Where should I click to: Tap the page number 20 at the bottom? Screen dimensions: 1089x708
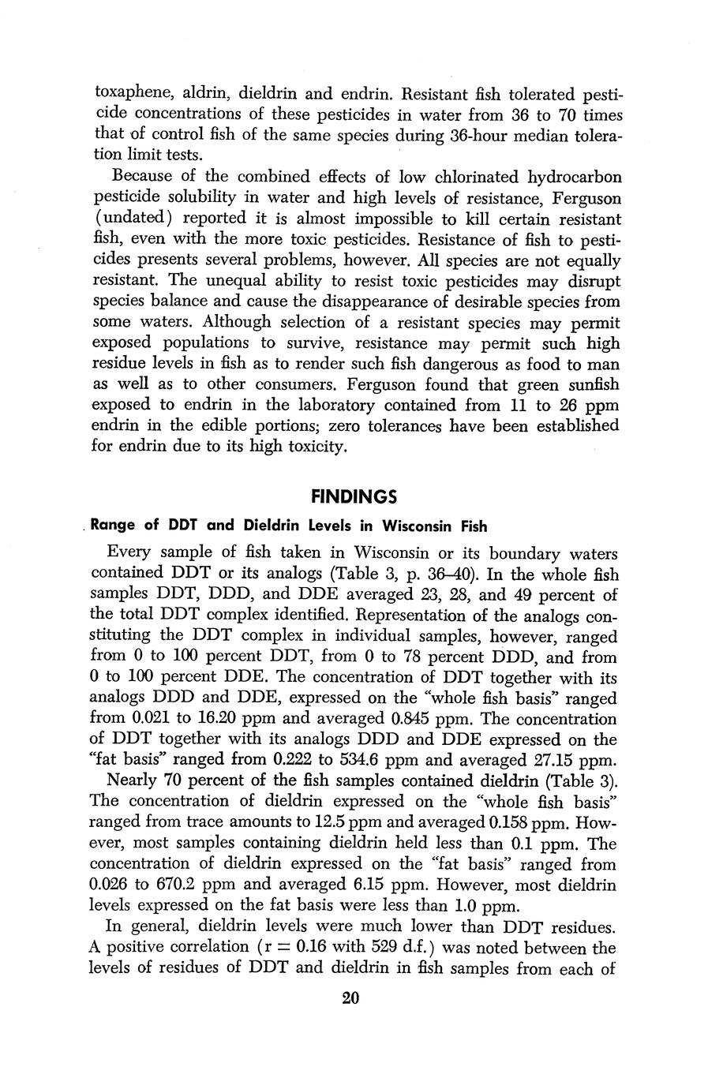coord(352,998)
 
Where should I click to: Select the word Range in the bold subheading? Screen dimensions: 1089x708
coord(116,526)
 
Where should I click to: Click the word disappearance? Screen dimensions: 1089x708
coord(322,301)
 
